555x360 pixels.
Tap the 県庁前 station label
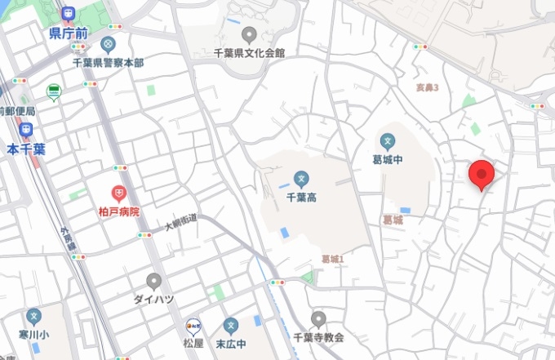tap(67, 33)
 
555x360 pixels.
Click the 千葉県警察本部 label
tap(108, 63)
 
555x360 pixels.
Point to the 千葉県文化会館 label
tap(249, 53)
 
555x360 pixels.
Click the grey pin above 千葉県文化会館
tap(249, 35)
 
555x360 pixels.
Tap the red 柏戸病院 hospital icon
tap(119, 193)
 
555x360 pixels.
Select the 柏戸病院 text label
tap(119, 211)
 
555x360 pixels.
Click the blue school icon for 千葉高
tap(301, 179)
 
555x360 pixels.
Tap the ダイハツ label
tap(154, 300)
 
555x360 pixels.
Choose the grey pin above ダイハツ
tap(153, 282)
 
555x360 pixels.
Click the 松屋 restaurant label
tap(193, 343)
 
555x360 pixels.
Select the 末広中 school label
tap(231, 343)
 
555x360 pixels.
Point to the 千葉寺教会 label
tap(318, 337)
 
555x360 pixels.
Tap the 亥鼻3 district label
tap(428, 87)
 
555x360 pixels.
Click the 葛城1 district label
tap(332, 259)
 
